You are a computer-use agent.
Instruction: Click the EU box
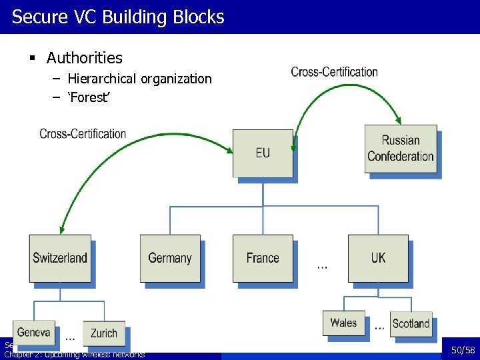[263, 153]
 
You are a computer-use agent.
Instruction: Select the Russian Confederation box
[401, 149]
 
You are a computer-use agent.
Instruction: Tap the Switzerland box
[60, 258]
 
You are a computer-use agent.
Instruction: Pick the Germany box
[170, 258]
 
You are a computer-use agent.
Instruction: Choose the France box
[263, 258]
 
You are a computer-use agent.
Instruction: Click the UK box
[378, 258]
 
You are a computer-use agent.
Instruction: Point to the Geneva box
[34, 332]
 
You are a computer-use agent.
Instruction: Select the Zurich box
[104, 333]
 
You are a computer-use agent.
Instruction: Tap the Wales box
[343, 323]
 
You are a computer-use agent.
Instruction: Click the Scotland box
[411, 323]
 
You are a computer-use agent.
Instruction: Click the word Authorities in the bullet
[85, 59]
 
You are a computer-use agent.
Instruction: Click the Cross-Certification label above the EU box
[335, 71]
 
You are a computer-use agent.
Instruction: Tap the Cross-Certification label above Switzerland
[83, 133]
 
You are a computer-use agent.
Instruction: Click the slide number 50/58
[463, 350]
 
